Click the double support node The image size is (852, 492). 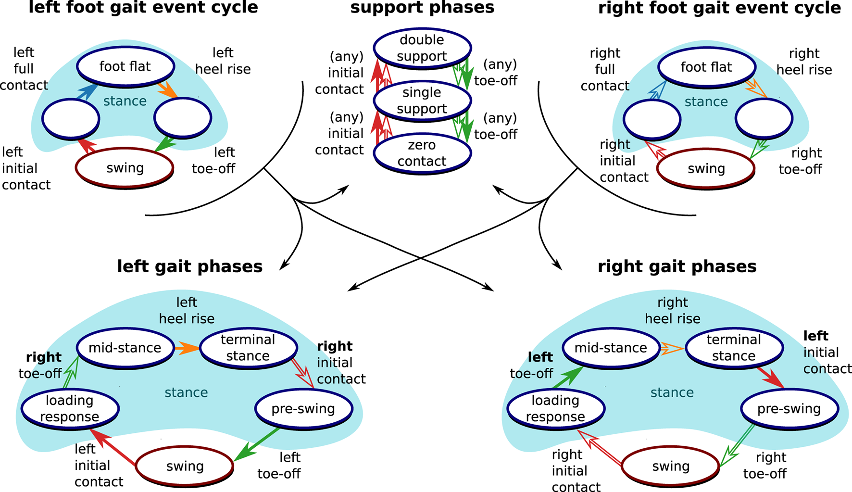[422, 48]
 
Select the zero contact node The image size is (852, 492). [422, 153]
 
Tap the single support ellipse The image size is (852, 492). [422, 100]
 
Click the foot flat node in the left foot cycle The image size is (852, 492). [125, 66]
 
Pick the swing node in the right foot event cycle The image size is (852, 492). [706, 168]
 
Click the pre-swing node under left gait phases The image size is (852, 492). [303, 408]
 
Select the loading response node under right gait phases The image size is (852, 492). [555, 408]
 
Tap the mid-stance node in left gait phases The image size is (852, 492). [125, 348]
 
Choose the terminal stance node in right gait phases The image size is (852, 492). [734, 348]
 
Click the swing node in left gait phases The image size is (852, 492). [185, 466]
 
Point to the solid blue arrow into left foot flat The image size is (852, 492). [87, 91]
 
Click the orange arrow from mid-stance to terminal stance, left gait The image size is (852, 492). [187, 348]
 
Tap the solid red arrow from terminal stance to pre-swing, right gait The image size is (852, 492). [770, 378]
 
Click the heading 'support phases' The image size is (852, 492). [422, 8]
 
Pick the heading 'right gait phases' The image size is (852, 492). [677, 266]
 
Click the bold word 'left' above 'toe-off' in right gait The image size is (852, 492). [540, 357]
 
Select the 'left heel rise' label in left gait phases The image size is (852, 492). [187, 310]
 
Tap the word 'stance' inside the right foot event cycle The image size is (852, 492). [706, 101]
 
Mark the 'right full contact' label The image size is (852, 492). [605, 69]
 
